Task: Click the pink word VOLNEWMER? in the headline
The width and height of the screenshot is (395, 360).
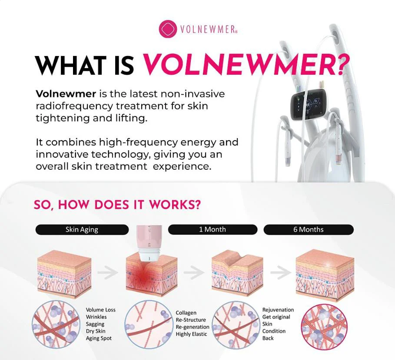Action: [x=246, y=65]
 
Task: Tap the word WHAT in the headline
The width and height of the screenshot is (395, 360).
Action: [x=72, y=65]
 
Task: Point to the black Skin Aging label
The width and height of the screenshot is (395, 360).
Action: [x=82, y=229]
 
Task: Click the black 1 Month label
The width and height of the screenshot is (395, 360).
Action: [x=212, y=229]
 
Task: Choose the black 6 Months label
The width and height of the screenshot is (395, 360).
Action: [x=309, y=229]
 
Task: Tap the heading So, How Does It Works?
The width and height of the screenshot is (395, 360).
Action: [x=117, y=205]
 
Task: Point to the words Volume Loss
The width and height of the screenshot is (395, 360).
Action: [x=101, y=310]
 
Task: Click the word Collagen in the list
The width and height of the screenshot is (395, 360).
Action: [x=186, y=313]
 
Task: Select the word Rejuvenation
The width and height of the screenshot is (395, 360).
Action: [x=278, y=310]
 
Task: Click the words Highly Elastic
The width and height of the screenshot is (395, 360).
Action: [x=191, y=334]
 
